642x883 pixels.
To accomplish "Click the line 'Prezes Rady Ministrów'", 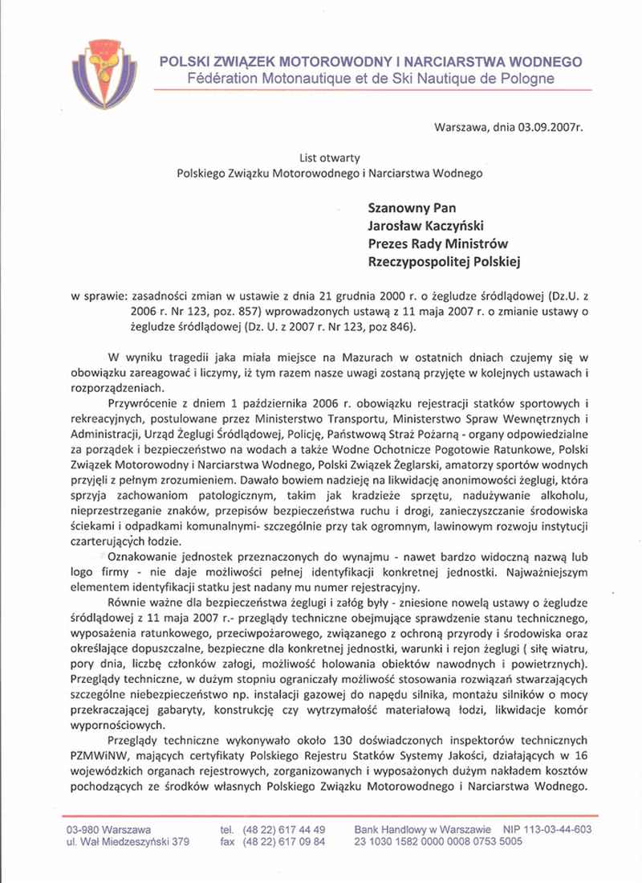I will pyautogui.click(x=438, y=243).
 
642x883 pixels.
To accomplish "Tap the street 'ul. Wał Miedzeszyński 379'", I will pyautogui.click(x=128, y=842).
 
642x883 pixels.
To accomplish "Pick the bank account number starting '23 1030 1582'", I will pyautogui.click(x=438, y=842).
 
